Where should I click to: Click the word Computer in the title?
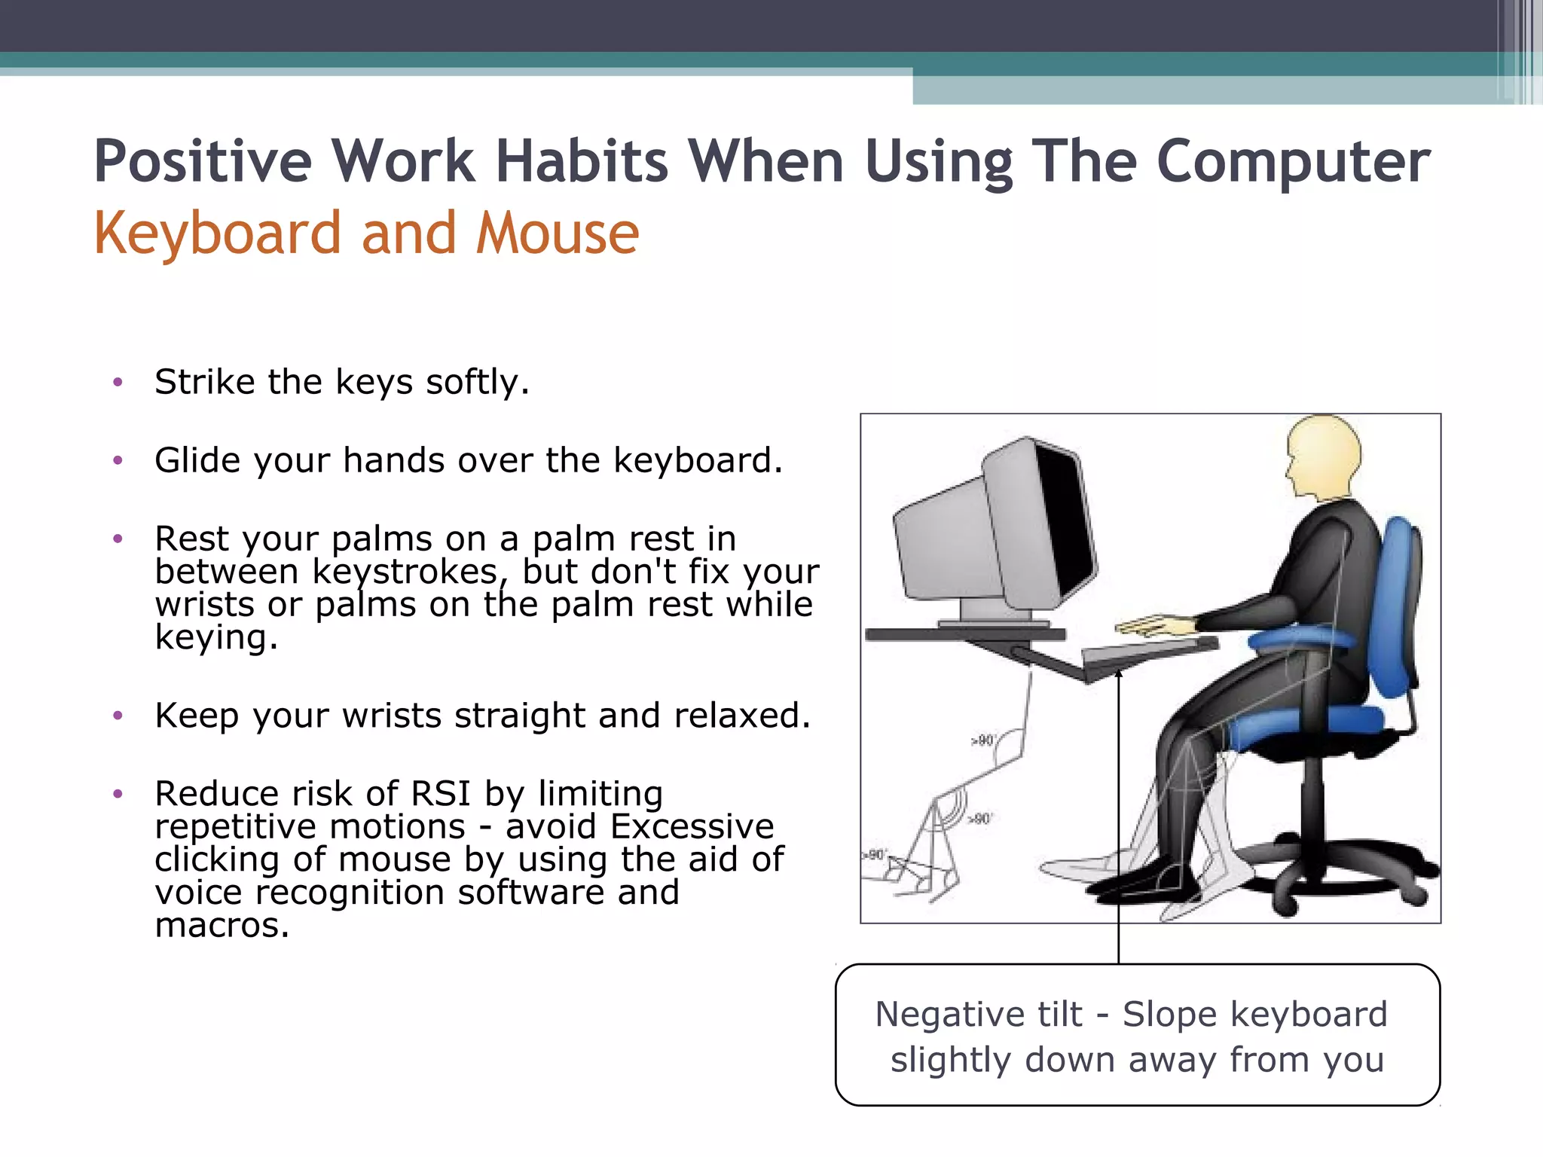point(1292,162)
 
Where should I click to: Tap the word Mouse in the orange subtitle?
point(558,234)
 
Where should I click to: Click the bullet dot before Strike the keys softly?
point(118,383)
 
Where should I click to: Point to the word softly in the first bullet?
point(478,383)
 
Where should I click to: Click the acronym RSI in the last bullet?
point(440,794)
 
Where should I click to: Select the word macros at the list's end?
point(222,925)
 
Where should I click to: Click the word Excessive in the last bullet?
point(692,827)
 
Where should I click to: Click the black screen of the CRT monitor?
point(1064,520)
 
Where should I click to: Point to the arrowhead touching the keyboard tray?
point(1119,674)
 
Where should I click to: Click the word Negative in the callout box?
point(978,1015)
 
